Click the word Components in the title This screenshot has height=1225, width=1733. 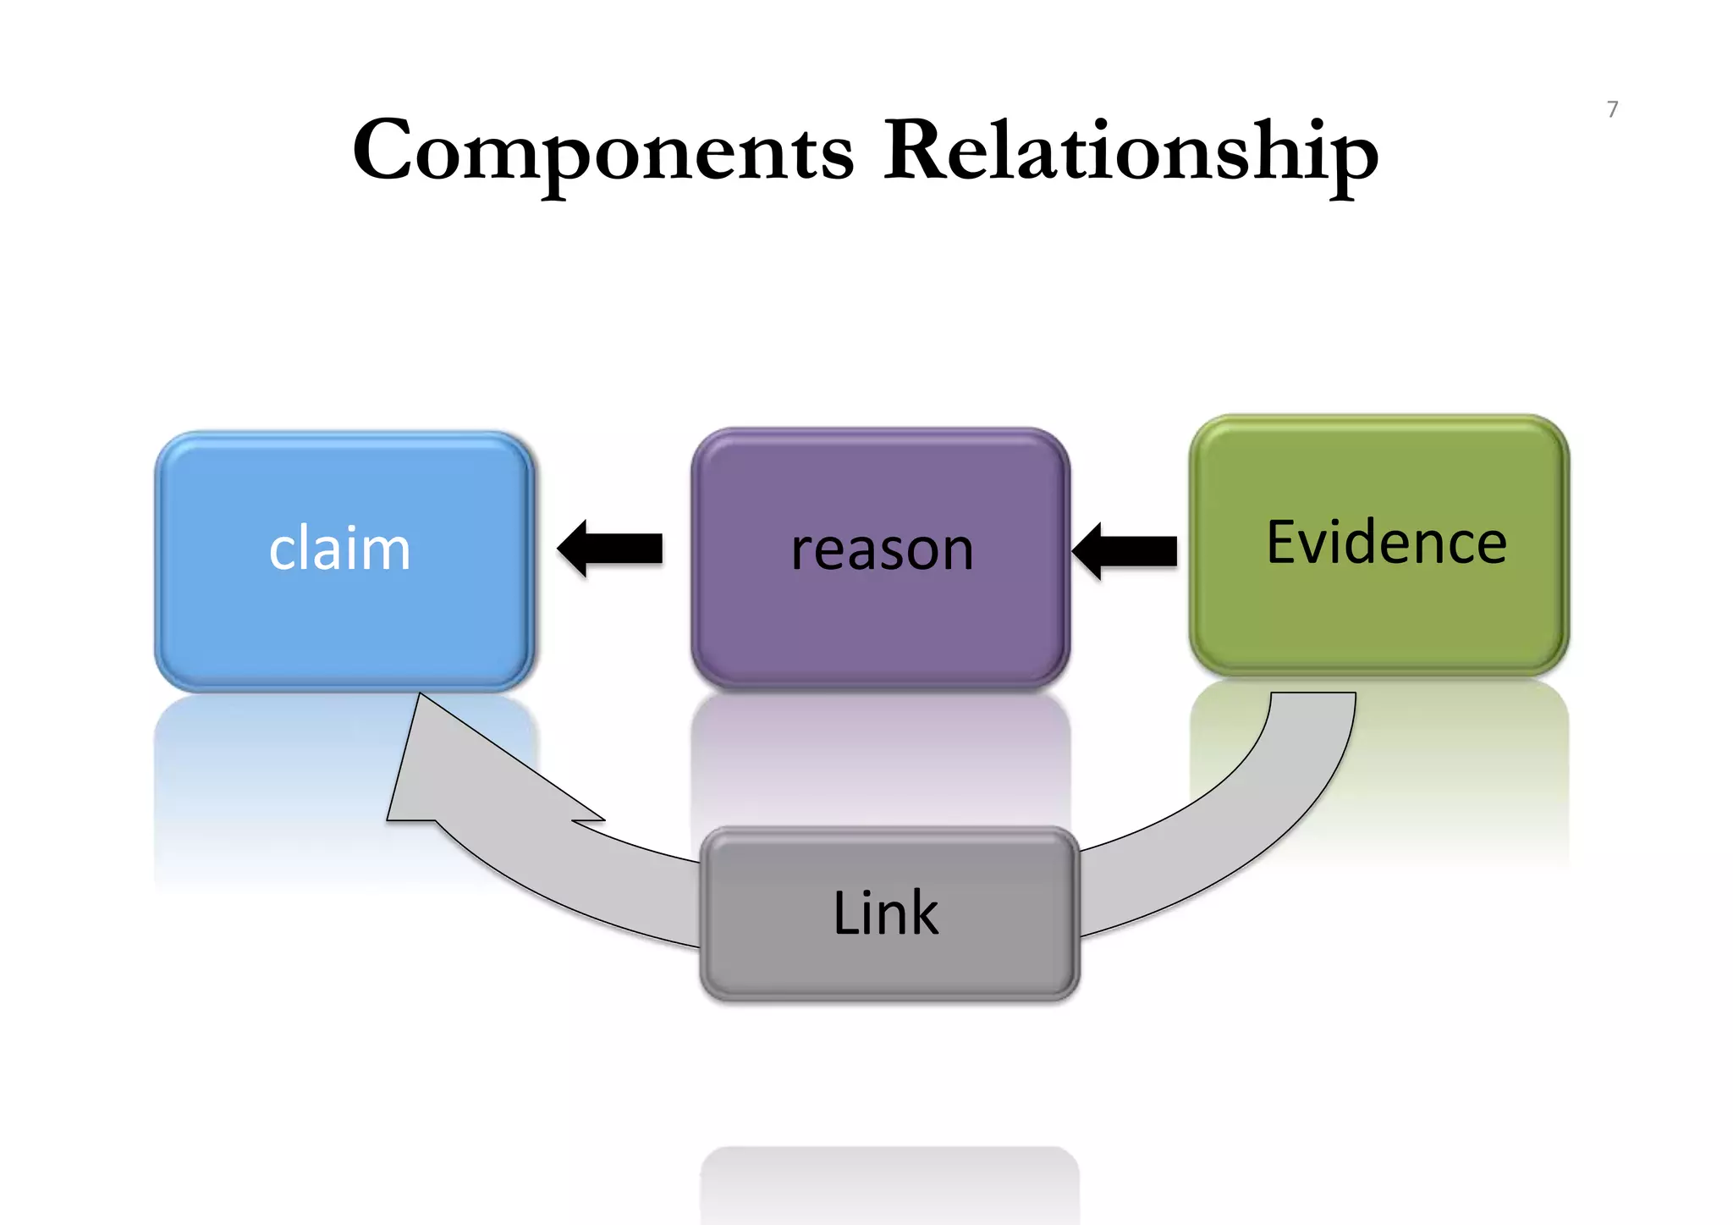click(602, 152)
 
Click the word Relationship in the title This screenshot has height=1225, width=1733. click(1131, 152)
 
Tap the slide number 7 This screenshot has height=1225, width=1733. click(1612, 109)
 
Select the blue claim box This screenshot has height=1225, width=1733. click(344, 626)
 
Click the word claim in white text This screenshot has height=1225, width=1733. click(339, 549)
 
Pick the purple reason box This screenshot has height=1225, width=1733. click(880, 626)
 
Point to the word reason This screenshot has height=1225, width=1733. click(882, 549)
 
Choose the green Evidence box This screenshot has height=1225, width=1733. click(1379, 618)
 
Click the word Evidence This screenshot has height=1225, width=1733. click(1386, 543)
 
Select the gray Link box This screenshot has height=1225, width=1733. click(889, 965)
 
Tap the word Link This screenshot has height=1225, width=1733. click(885, 913)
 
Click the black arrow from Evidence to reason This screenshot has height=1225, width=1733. click(1125, 550)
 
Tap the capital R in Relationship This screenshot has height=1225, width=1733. click(914, 151)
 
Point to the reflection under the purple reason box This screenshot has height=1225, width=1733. click(880, 753)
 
